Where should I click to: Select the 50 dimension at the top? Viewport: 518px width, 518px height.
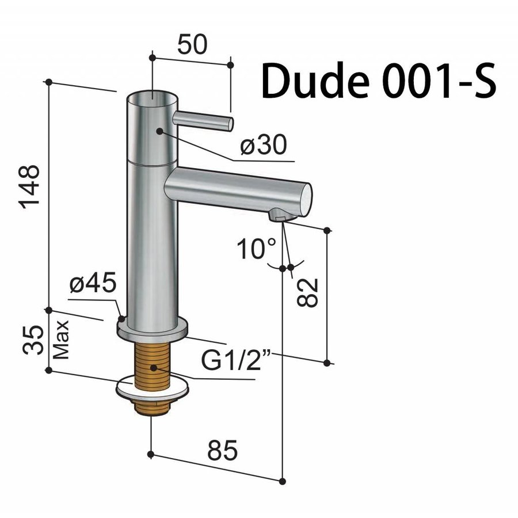pyautogui.click(x=192, y=44)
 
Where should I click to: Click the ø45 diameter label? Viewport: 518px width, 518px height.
pyautogui.click(x=93, y=284)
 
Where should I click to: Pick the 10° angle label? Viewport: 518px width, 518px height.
pyautogui.click(x=256, y=249)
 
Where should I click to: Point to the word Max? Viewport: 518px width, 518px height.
pyautogui.click(x=62, y=340)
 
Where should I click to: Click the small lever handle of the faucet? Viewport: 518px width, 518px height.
pyautogui.click(x=203, y=120)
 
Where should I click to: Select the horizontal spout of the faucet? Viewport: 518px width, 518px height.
pyautogui.click(x=236, y=190)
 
